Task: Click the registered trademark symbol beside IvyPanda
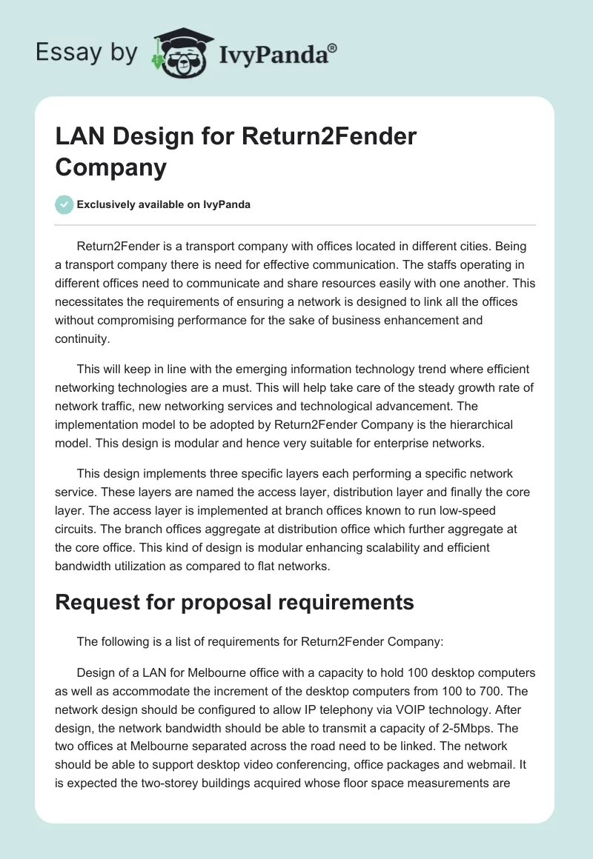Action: pyautogui.click(x=333, y=48)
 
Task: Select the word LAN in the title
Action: pyautogui.click(x=81, y=137)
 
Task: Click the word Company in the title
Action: pyautogui.click(x=111, y=167)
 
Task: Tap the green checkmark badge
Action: pyautogui.click(x=64, y=204)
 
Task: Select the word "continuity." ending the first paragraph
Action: pyautogui.click(x=82, y=339)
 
